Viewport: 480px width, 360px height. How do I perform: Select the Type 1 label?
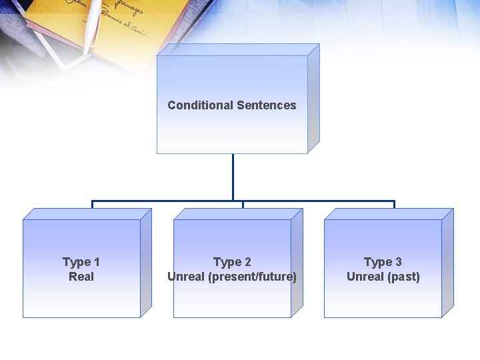click(x=81, y=262)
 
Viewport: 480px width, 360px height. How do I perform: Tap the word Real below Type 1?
click(x=81, y=277)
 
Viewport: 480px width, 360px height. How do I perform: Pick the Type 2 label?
click(x=232, y=262)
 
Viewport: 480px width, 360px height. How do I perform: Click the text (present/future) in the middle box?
click(x=253, y=277)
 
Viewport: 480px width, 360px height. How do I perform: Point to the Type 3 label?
click(x=383, y=262)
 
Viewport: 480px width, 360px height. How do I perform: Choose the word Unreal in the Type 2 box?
click(x=187, y=277)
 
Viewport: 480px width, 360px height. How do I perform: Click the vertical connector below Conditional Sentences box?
click(x=233, y=177)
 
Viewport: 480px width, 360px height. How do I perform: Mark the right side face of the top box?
click(x=313, y=100)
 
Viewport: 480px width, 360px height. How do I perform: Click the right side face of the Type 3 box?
click(x=447, y=263)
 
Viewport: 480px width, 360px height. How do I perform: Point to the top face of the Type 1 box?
click(x=87, y=214)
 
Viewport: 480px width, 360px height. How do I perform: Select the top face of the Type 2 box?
click(x=237, y=214)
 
